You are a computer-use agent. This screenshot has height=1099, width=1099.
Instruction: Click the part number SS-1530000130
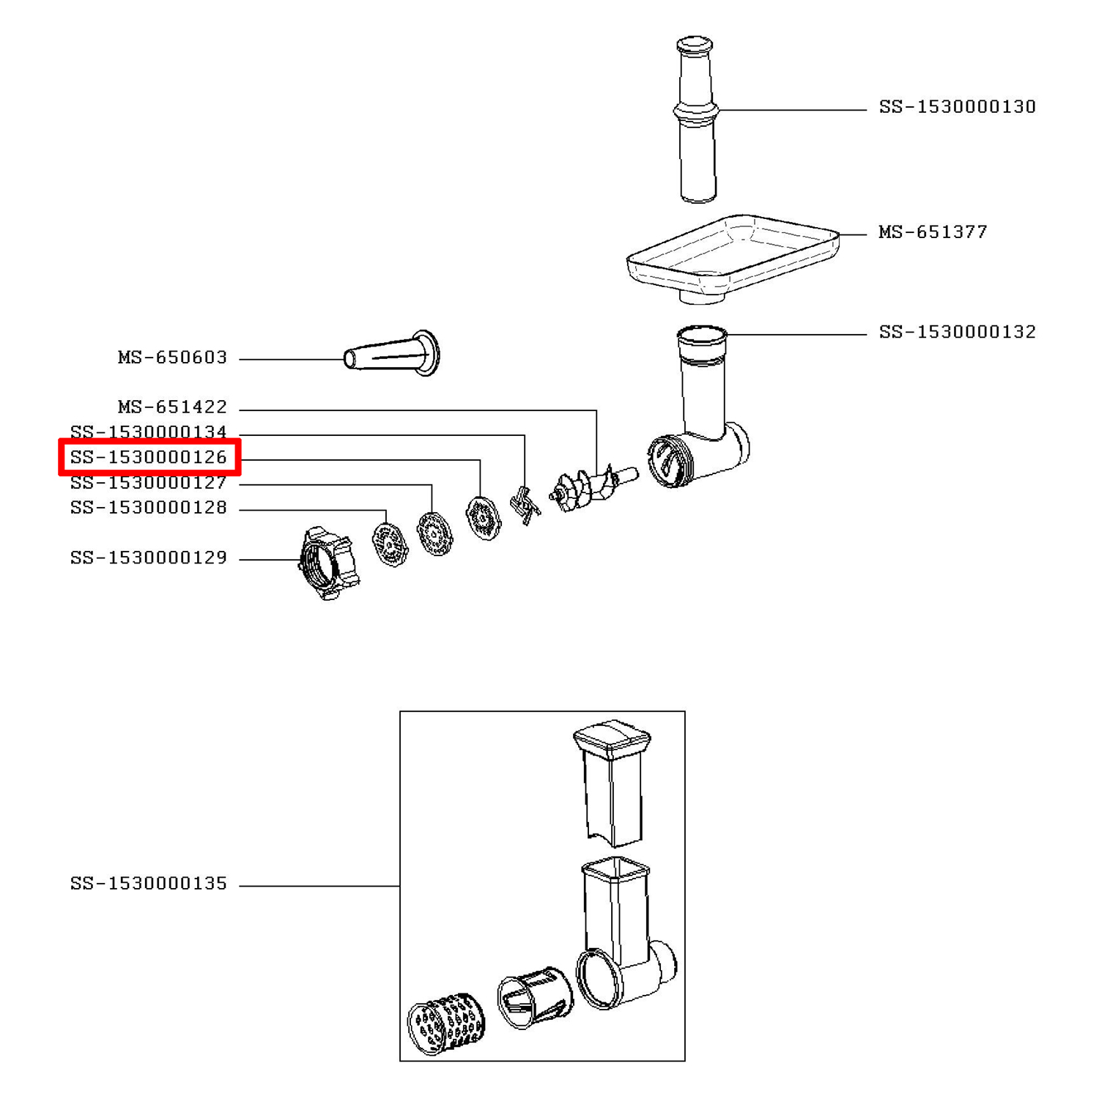pos(957,107)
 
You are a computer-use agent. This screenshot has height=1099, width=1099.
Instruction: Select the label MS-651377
pos(933,232)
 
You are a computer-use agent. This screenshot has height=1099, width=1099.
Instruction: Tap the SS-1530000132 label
pos(957,332)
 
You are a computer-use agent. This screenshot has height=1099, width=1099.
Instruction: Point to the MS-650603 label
pos(172,358)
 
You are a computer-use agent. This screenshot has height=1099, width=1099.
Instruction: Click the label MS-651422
pos(172,407)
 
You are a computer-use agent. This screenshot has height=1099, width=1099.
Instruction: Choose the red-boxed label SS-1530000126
pos(149,457)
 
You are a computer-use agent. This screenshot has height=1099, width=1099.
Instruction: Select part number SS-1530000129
pos(149,558)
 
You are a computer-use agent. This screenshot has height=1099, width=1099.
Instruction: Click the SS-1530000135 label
pos(149,884)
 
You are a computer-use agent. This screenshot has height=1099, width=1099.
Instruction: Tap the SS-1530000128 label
pos(149,508)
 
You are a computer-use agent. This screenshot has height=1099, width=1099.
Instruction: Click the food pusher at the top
pos(696,119)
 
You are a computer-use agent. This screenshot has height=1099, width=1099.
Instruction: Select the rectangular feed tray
pos(733,258)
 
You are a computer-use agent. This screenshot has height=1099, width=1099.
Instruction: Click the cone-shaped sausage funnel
pos(393,353)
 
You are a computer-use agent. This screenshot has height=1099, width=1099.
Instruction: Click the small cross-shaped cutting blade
pos(525,504)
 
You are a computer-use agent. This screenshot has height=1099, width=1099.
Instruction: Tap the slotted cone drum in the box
pos(535,996)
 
